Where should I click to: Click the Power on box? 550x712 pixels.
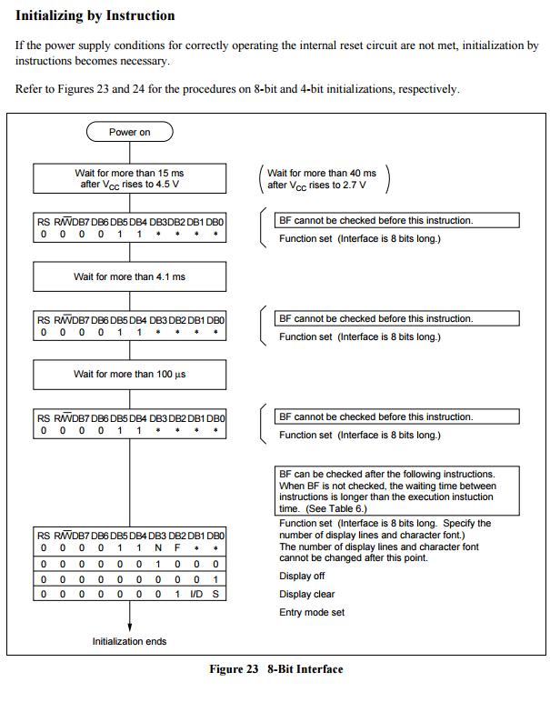(129, 132)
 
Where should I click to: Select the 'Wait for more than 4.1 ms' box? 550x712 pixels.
(129, 276)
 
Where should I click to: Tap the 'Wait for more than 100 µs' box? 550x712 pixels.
(129, 375)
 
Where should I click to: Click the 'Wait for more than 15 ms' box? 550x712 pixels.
(129, 178)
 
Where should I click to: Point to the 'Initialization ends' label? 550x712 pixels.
(129, 642)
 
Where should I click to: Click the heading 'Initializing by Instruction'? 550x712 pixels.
(95, 15)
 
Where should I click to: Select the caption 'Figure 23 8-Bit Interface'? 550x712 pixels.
(276, 669)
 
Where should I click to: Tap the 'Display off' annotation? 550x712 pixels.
(302, 576)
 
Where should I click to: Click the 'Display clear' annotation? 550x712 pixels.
(306, 594)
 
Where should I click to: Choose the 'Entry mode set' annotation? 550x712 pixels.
(312, 612)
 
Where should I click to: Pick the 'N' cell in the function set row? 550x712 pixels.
(157, 549)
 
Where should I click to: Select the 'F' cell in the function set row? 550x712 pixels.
(176, 549)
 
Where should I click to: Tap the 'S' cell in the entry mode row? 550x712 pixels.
(215, 594)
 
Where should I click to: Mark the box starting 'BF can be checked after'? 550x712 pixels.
(397, 491)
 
